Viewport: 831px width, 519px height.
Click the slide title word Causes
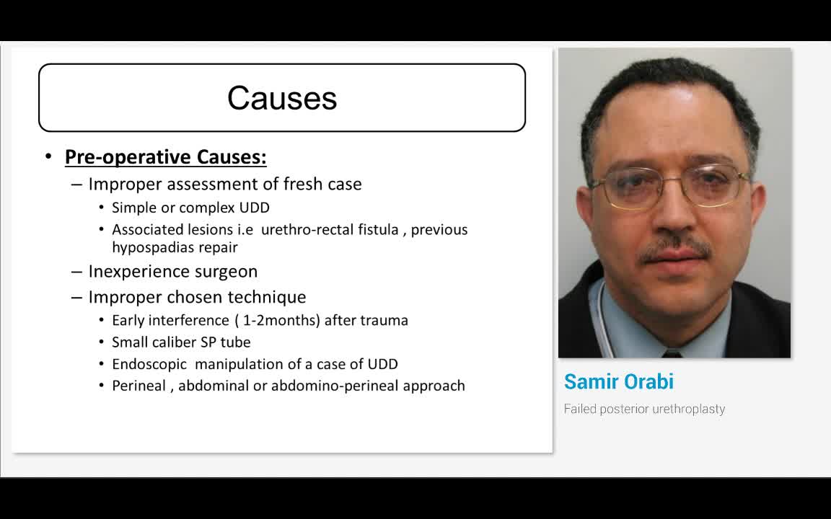point(282,98)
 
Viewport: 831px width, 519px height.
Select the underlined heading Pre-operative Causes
point(165,157)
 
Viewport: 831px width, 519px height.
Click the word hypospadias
point(151,247)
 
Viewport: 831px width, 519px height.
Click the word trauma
point(386,320)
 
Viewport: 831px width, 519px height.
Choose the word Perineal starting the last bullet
point(138,386)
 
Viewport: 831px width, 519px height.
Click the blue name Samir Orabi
point(618,381)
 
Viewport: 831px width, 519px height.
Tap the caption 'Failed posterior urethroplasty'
point(644,409)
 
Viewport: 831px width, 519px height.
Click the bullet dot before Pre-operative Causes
point(48,156)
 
